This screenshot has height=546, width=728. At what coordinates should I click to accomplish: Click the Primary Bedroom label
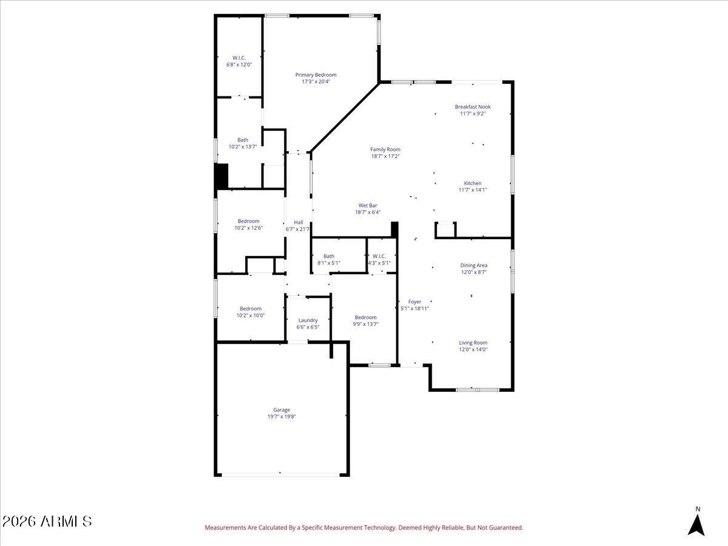[315, 75]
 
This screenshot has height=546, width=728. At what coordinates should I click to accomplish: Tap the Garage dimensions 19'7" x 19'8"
[281, 417]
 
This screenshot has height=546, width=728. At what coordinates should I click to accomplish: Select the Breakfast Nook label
[473, 107]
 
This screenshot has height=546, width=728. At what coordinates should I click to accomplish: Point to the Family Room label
[385, 149]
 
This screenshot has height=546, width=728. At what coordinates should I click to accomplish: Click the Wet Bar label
[368, 206]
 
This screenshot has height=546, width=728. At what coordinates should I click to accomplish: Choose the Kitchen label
[472, 183]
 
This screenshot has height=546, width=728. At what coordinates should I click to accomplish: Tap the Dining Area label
[474, 265]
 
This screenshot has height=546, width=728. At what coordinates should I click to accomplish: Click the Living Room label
[473, 343]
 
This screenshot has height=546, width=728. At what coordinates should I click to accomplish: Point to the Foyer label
[414, 302]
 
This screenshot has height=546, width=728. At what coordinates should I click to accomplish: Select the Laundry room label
[308, 320]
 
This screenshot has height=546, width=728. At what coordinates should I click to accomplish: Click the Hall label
[298, 223]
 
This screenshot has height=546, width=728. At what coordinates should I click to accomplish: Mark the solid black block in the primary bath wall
[221, 176]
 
